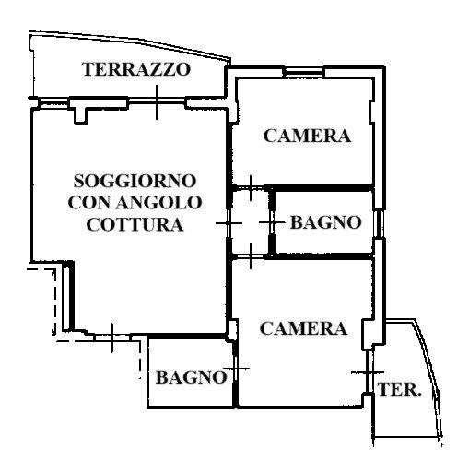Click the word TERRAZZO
point(136,69)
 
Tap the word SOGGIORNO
point(135,181)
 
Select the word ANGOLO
point(158,203)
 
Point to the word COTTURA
point(135,224)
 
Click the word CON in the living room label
point(89,203)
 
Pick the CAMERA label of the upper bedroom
point(307,136)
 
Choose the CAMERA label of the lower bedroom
point(303,328)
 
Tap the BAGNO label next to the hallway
point(326,222)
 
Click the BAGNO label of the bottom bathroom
point(191,377)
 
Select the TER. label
point(399,389)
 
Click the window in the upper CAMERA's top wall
point(304,73)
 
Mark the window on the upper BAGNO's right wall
point(380,223)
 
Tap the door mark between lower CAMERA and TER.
point(368,372)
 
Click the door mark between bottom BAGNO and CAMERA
point(236,368)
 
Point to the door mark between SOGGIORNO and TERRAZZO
point(157,102)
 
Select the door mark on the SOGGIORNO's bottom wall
point(112,338)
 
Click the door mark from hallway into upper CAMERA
point(251,188)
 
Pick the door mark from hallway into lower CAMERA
point(251,256)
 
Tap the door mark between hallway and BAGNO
point(272,222)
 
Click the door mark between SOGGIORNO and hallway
point(229,223)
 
